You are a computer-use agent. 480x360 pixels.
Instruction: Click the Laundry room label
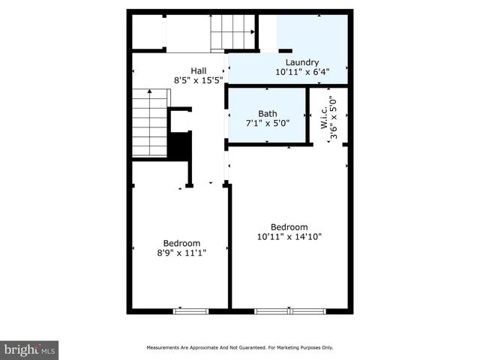coord(302,63)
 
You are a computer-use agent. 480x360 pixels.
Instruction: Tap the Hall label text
coord(198,70)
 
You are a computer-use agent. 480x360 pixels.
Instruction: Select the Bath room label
coord(268,114)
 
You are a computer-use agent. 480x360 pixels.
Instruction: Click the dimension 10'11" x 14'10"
coord(289,237)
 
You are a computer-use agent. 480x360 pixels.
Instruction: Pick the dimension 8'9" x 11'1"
coord(182,253)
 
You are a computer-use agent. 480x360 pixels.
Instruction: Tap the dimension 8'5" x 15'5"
coord(198,79)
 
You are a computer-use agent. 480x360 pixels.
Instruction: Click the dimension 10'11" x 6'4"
coord(302,73)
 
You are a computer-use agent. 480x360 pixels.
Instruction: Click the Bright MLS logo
coord(30,349)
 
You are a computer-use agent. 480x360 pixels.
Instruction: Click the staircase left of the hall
coord(150,122)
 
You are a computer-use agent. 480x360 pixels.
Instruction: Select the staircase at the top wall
coord(232,31)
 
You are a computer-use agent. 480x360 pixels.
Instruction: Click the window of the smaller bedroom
coord(191,310)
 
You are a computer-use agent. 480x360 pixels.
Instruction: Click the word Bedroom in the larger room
coord(289,227)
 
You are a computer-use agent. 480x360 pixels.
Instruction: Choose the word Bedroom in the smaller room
coord(182,243)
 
